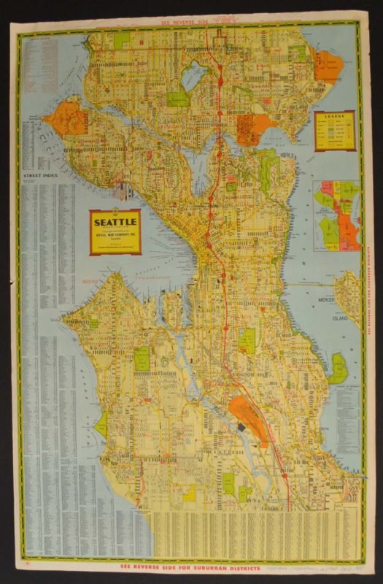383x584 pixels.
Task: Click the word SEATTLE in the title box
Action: (115, 219)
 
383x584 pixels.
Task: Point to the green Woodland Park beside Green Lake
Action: (177, 98)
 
